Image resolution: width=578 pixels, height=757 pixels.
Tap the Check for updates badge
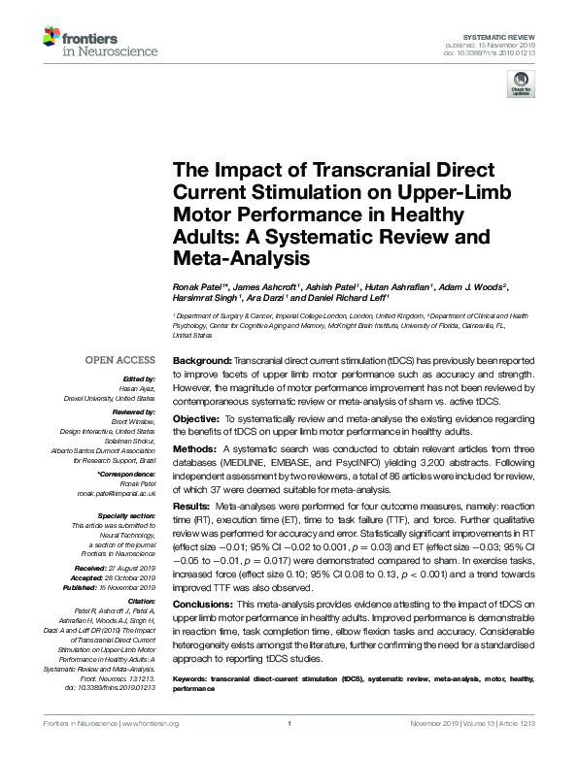pos(520,87)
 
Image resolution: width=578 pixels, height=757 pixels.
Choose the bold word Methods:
pos(187,449)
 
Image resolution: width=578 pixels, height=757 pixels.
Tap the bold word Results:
pos(186,507)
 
